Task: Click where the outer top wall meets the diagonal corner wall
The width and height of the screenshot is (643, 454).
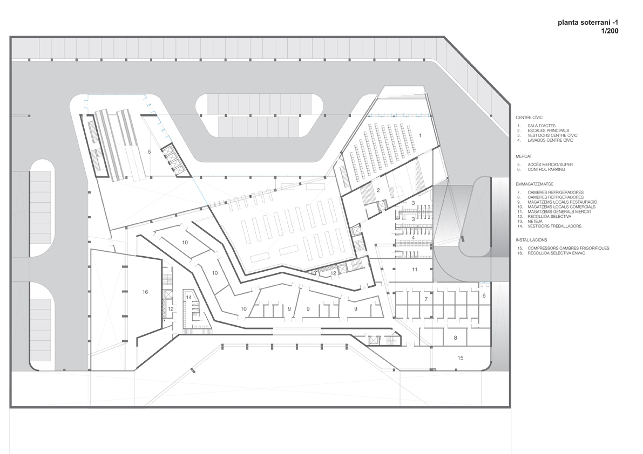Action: coord(445,37)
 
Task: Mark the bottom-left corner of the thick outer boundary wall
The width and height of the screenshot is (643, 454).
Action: coord(11,407)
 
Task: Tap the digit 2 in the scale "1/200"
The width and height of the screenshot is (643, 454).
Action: coord(607,31)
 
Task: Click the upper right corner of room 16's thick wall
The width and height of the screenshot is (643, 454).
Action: coord(160,260)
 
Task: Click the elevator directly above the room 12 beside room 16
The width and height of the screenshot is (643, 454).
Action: coord(168,295)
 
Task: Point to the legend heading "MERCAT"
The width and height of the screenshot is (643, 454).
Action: coord(524,156)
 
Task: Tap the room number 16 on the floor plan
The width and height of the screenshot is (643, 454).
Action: coord(145,292)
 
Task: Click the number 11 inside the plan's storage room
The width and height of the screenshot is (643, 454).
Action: coord(415,270)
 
